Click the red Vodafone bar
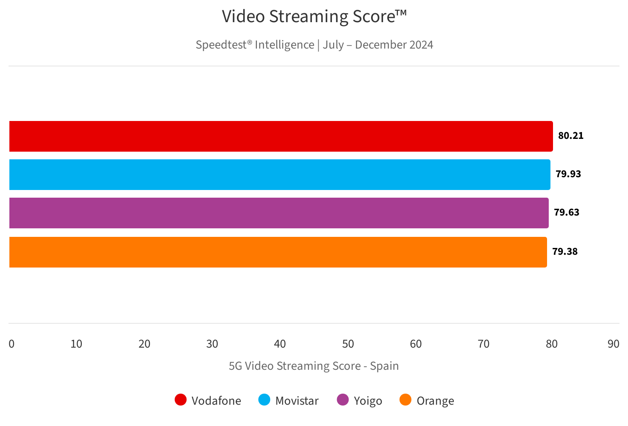281,136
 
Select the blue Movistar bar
279,175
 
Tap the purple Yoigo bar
279,213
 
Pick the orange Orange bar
278,252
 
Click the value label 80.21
571,136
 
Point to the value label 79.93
568,174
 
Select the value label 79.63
567,213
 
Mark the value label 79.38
565,252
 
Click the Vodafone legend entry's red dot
181,400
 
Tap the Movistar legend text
297,401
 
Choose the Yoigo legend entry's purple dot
343,400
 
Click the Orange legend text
435,401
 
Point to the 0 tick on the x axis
12,344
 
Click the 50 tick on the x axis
348,344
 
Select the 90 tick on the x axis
614,344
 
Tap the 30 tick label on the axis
212,344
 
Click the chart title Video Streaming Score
314,17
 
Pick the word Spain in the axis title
384,366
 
